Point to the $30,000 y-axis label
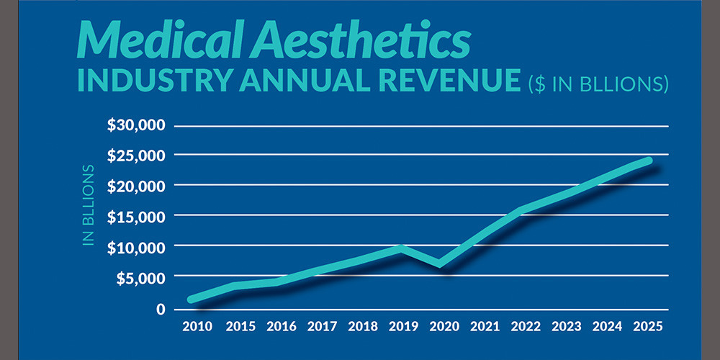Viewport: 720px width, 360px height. (x=137, y=125)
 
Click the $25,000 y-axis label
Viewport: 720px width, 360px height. (x=137, y=156)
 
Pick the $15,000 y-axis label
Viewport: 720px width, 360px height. (x=137, y=217)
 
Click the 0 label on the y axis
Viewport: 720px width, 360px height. (x=161, y=309)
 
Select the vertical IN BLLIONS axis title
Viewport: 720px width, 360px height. (x=89, y=206)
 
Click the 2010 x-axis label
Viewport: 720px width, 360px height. (x=197, y=326)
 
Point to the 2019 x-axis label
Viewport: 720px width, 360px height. (x=403, y=326)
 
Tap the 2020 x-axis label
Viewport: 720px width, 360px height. (x=444, y=326)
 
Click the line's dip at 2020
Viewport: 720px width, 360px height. (x=440, y=264)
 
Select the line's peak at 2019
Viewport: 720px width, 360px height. (x=400, y=248)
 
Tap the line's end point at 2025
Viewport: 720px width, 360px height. (x=649, y=161)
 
